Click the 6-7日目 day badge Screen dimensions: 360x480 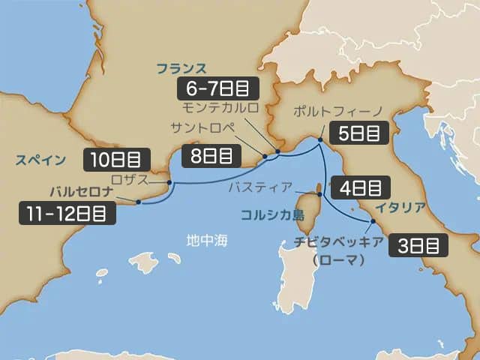click(x=217, y=88)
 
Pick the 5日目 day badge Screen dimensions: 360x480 click(x=358, y=133)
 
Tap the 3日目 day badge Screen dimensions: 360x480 click(x=418, y=245)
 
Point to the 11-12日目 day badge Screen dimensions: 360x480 click(x=67, y=212)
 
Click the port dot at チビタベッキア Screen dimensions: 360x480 click(x=373, y=222)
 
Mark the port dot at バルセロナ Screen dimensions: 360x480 click(x=139, y=201)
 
